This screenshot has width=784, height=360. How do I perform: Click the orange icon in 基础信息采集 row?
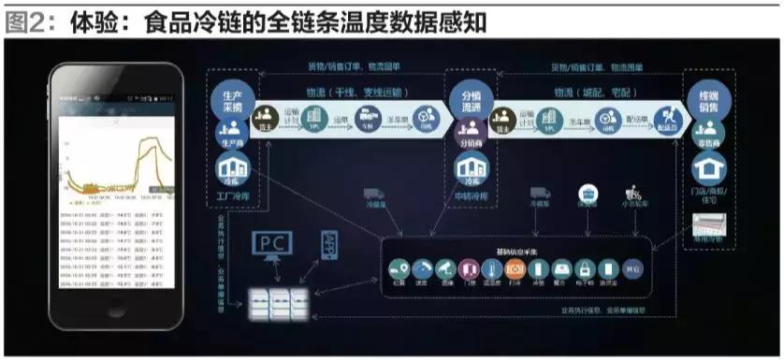coord(515,270)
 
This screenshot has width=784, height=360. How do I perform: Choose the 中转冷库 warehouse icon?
coord(468,170)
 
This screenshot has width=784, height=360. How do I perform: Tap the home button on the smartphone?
coord(116,311)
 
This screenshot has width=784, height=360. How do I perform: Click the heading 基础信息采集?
coord(516,252)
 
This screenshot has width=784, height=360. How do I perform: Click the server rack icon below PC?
coord(276,301)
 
